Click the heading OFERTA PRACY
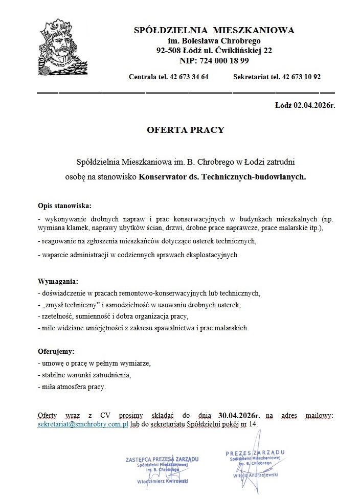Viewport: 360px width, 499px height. click(186, 130)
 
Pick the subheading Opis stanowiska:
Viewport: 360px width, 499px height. click(64, 206)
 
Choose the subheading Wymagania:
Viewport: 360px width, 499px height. click(59, 282)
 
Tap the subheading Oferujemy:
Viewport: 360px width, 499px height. click(56, 352)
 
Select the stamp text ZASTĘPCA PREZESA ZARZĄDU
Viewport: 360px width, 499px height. click(162, 459)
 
